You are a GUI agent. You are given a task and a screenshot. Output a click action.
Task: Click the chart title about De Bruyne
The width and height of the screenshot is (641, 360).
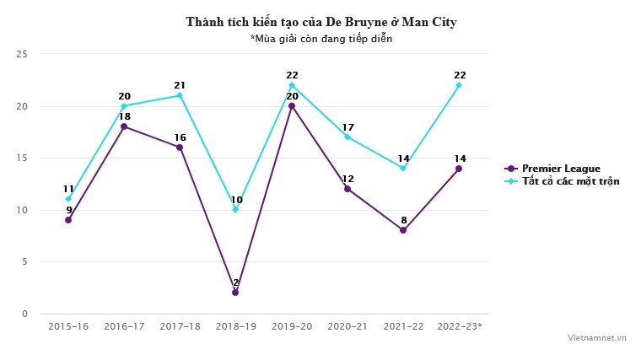(320, 22)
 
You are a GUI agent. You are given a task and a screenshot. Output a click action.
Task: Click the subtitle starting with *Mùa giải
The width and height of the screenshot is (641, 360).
(320, 38)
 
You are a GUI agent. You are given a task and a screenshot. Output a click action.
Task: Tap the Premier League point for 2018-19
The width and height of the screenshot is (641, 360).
(235, 293)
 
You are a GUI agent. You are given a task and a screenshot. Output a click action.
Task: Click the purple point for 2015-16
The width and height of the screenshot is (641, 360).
(68, 220)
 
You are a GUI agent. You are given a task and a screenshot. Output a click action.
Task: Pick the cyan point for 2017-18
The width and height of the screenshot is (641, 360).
(180, 95)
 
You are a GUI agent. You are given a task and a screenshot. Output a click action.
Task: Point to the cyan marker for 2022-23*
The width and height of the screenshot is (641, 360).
(459, 85)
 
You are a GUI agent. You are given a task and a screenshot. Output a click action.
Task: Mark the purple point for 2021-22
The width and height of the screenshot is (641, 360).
(403, 230)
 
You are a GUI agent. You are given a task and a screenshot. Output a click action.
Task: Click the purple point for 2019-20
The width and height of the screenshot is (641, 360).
(292, 106)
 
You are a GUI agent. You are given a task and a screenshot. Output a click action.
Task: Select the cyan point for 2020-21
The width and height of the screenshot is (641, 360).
(347, 137)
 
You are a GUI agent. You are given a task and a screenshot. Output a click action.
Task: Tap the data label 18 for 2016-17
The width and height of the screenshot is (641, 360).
(124, 116)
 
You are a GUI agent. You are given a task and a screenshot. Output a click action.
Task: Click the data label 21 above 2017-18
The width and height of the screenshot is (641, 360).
(180, 85)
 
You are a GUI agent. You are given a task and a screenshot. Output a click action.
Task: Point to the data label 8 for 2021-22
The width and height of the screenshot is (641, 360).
(403, 220)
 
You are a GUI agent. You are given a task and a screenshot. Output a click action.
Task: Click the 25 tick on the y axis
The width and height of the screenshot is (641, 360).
(22, 54)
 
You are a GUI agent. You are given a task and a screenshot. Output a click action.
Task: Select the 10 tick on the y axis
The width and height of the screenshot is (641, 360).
(22, 210)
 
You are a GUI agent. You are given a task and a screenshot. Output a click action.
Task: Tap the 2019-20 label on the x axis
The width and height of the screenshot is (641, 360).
(292, 325)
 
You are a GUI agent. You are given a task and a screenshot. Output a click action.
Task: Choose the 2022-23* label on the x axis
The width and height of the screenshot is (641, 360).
(460, 325)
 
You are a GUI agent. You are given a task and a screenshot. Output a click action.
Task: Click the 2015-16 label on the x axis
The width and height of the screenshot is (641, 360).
(68, 325)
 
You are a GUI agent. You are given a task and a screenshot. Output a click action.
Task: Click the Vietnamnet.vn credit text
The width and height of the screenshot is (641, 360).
(597, 336)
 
